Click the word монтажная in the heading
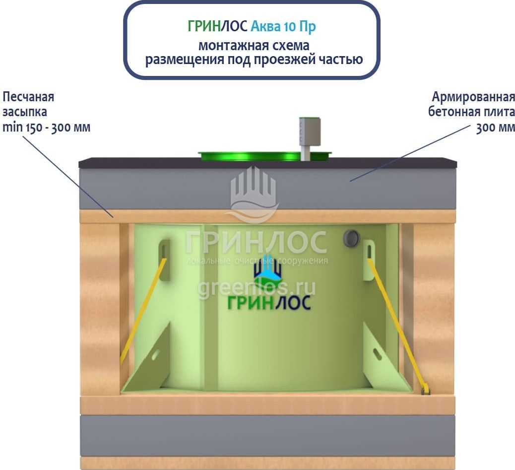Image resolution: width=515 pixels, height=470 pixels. tap(226, 45)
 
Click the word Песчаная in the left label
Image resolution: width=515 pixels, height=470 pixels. tap(28, 96)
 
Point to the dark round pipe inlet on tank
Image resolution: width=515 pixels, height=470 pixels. tap(351, 238)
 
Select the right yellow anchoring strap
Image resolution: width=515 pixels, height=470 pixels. tap(395, 318)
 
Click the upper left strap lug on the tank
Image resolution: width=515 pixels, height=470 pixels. tap(164, 253)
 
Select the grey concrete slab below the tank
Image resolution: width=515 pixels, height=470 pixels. tap(267, 432)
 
